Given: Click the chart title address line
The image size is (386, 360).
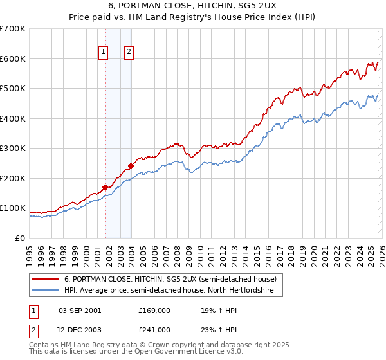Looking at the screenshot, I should (193, 5).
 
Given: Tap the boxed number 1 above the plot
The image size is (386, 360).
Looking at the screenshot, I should (103, 53).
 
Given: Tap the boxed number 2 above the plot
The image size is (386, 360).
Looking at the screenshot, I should (129, 53).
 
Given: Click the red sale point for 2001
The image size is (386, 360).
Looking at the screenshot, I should (105, 188).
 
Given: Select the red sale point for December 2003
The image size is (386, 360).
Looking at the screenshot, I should (131, 166).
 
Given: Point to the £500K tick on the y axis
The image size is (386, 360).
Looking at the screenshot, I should (13, 89).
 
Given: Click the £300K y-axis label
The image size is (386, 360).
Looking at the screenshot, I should (13, 148).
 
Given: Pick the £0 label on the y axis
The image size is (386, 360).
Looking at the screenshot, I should (21, 238).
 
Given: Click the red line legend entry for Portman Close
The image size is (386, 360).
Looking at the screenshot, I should (170, 279).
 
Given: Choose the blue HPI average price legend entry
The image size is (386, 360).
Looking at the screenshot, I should (169, 291).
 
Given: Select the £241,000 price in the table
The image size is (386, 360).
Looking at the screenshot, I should (154, 329).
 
